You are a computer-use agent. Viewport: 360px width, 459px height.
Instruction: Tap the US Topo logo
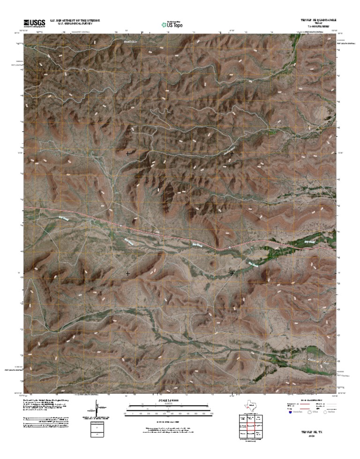(172, 24)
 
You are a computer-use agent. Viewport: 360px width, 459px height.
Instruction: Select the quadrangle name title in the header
(318, 20)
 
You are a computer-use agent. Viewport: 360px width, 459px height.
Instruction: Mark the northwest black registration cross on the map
(128, 153)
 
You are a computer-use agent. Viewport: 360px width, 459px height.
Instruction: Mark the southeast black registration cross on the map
(232, 273)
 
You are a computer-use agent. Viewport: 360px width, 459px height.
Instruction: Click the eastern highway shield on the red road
(230, 247)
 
